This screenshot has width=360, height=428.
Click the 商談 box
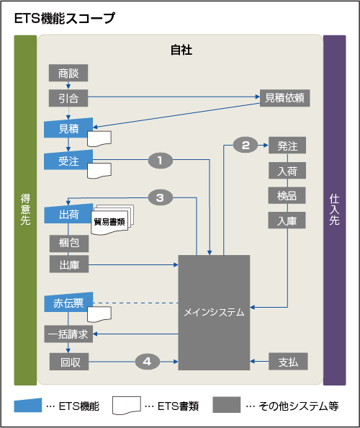click(68, 73)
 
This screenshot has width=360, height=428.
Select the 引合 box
click(68, 97)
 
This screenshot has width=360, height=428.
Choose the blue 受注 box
click(68, 159)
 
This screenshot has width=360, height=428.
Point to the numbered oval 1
click(160, 160)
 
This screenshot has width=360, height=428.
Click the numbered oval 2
click(246, 145)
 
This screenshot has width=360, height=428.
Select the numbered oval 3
click(160, 197)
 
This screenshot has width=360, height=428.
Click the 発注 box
click(287, 146)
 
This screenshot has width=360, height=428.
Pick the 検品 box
click(287, 195)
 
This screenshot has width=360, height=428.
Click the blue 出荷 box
click(68, 214)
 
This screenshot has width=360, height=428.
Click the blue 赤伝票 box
click(68, 303)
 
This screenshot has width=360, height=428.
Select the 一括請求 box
click(68, 334)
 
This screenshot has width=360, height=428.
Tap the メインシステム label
click(214, 313)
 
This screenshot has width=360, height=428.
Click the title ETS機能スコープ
click(64, 19)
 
